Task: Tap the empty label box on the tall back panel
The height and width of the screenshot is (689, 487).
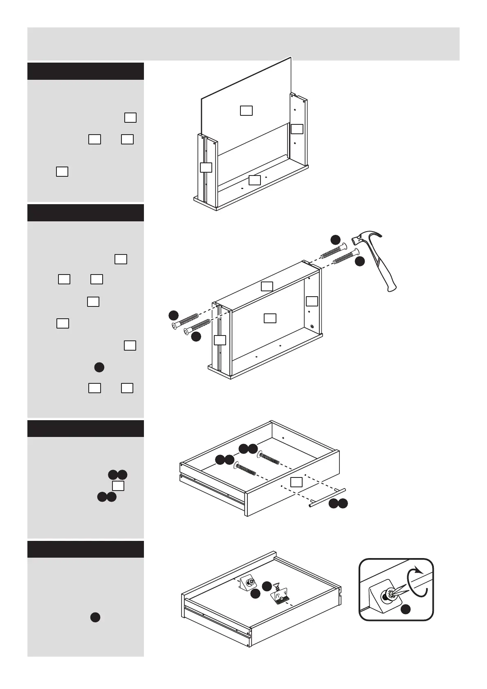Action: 246,110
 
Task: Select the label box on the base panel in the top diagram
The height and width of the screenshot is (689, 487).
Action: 254,180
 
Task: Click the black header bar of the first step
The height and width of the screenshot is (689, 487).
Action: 85,71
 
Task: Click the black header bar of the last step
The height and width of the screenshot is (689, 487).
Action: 85,549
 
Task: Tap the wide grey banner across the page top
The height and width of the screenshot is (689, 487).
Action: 243,44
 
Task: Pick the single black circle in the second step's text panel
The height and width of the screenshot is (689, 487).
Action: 99,367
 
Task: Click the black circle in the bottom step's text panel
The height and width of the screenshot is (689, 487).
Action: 95,618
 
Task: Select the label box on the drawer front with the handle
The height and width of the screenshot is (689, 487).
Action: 296,482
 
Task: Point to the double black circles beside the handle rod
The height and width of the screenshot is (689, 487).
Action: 338,504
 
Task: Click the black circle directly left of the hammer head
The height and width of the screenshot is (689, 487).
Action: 335,240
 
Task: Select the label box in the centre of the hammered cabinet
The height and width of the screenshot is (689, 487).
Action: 269,318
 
